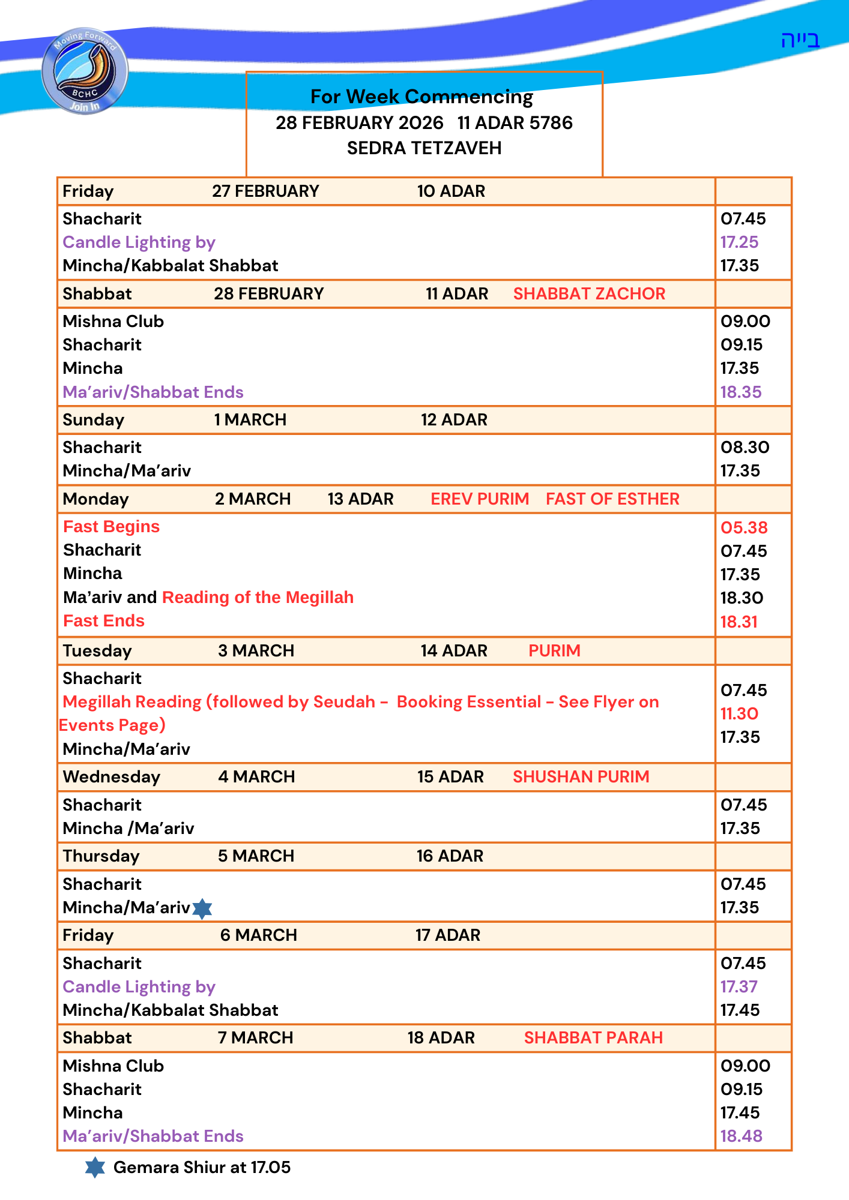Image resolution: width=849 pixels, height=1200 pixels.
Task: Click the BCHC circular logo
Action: coord(85,71)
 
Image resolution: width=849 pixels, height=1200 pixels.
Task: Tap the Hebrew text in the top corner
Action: coord(800,40)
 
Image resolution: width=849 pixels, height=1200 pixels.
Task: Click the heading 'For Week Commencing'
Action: coord(421,97)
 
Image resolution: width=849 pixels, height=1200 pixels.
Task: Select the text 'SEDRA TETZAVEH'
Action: coord(424,148)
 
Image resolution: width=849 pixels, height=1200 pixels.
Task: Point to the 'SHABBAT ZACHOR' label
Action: coord(589,294)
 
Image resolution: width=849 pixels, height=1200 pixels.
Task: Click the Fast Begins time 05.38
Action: coord(744,528)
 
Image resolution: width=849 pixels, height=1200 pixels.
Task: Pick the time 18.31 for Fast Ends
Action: coord(739,622)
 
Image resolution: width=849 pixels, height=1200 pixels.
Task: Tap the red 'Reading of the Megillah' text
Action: coord(258,598)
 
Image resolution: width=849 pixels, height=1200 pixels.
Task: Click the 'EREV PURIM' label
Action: coord(480,499)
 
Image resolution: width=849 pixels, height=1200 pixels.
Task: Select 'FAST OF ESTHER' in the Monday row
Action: coord(612,499)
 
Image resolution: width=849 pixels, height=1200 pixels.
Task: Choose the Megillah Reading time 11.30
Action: coord(739,714)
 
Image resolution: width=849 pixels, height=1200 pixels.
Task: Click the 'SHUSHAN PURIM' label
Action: coord(581,777)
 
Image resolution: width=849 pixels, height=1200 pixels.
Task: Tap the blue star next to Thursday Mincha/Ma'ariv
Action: coord(202,908)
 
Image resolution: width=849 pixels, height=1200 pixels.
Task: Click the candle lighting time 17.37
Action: coord(739,987)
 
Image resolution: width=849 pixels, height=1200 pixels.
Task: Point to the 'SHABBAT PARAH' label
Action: coord(593,1038)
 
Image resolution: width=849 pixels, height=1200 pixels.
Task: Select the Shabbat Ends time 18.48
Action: coord(741,1136)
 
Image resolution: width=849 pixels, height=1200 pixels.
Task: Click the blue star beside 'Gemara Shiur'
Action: coord(95,1168)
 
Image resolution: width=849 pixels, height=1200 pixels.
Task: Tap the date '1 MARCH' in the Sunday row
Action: coord(250,420)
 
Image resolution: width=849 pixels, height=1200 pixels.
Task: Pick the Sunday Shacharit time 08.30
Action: coord(745,448)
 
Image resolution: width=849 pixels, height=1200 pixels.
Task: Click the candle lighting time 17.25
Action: coord(739,242)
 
